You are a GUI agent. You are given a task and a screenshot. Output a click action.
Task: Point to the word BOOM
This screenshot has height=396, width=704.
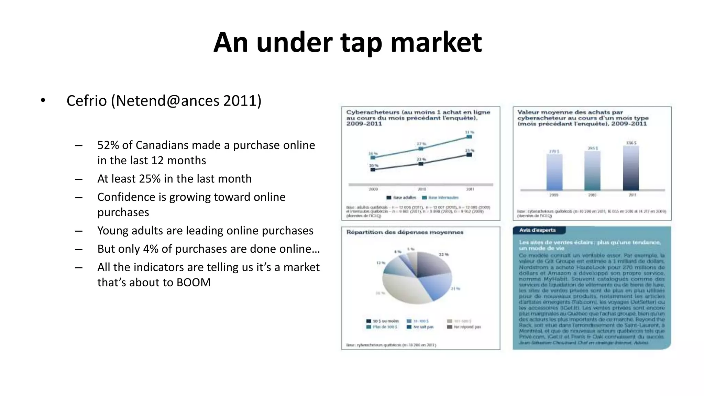click(x=194, y=282)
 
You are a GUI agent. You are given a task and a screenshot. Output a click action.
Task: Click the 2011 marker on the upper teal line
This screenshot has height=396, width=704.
click(x=469, y=137)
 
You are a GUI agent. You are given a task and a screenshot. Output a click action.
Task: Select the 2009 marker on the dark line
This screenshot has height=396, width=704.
click(x=373, y=169)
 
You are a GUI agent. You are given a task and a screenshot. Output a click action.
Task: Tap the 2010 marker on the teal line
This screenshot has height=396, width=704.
click(x=421, y=148)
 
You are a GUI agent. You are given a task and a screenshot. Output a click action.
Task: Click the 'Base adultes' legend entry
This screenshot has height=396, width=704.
click(x=401, y=198)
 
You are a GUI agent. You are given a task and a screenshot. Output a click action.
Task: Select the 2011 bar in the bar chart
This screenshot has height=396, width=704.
click(x=631, y=168)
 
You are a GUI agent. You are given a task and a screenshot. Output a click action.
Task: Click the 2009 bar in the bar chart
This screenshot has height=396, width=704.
click(x=554, y=172)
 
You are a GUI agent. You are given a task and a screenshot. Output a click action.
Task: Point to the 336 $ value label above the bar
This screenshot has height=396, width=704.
click(x=631, y=143)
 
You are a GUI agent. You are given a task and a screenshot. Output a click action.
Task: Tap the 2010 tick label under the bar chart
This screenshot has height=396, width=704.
click(x=592, y=195)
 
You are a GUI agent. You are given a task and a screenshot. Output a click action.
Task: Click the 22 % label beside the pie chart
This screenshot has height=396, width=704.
click(x=443, y=254)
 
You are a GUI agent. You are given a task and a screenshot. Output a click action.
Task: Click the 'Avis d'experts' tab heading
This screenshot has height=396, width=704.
click(x=537, y=230)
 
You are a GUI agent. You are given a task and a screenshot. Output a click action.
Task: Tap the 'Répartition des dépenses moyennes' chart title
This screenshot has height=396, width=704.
click(x=405, y=232)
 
